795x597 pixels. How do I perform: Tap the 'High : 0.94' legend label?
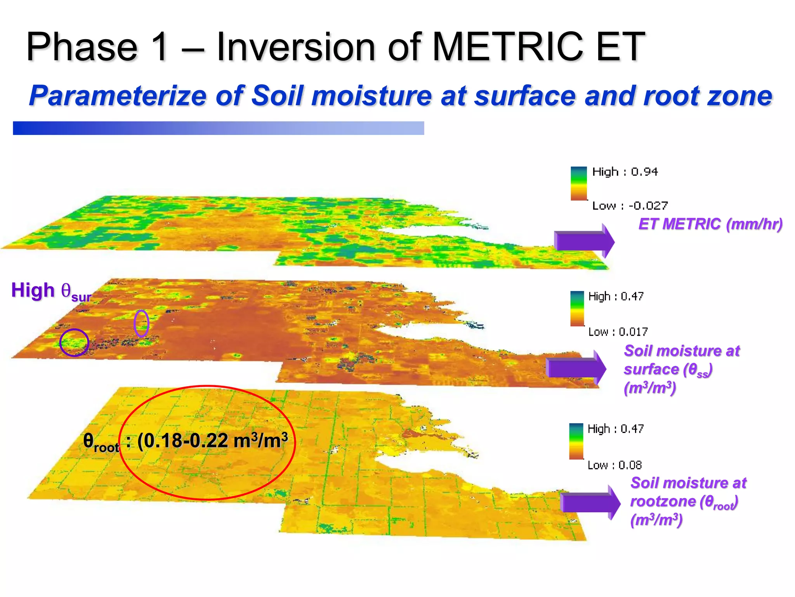click(x=625, y=172)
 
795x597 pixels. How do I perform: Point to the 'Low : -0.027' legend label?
click(x=630, y=206)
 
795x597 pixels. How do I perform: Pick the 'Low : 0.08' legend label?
click(x=614, y=465)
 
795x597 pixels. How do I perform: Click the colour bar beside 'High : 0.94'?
click(x=578, y=183)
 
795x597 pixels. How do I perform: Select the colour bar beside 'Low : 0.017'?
click(x=577, y=309)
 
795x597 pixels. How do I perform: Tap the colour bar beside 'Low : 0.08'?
click(x=576, y=442)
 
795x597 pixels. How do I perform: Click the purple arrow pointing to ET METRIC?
click(x=584, y=241)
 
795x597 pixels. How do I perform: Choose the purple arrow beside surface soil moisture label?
click(x=576, y=368)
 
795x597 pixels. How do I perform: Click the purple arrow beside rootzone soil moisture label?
click(x=590, y=503)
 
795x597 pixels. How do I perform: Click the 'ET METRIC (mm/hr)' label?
click(x=710, y=224)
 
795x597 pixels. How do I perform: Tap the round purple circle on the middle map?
click(x=74, y=342)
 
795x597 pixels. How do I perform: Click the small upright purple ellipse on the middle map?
click(x=141, y=323)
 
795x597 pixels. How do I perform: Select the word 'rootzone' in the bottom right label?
click(x=663, y=501)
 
